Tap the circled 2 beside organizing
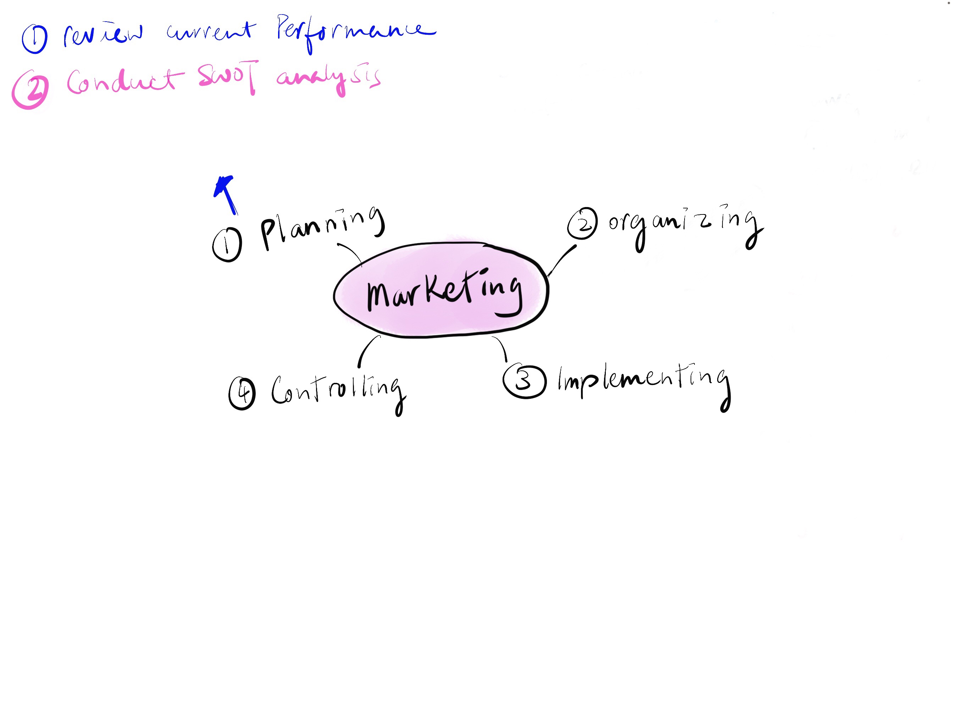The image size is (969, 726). tap(582, 223)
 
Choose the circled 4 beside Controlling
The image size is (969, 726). tap(242, 393)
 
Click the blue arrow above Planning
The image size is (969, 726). tap(226, 195)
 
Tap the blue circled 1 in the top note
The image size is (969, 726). tap(35, 39)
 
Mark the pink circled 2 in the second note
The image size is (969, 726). tap(30, 89)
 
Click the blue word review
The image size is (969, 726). tap(103, 34)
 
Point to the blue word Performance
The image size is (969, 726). tap(356, 33)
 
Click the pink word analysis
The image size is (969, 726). tap(328, 80)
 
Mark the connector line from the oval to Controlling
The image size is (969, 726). tap(367, 351)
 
